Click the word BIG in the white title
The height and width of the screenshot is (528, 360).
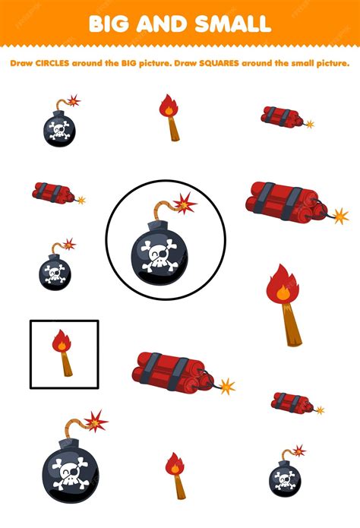point(109,24)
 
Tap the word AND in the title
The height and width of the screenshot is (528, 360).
point(162,24)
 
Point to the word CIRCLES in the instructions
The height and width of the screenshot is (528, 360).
point(52,63)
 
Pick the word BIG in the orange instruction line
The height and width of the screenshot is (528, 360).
point(129,63)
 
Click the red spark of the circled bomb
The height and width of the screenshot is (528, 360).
point(185,203)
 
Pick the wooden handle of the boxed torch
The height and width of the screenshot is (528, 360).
point(66,365)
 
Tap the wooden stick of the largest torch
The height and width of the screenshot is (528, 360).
point(292,326)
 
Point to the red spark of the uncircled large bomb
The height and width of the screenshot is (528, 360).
point(96,421)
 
